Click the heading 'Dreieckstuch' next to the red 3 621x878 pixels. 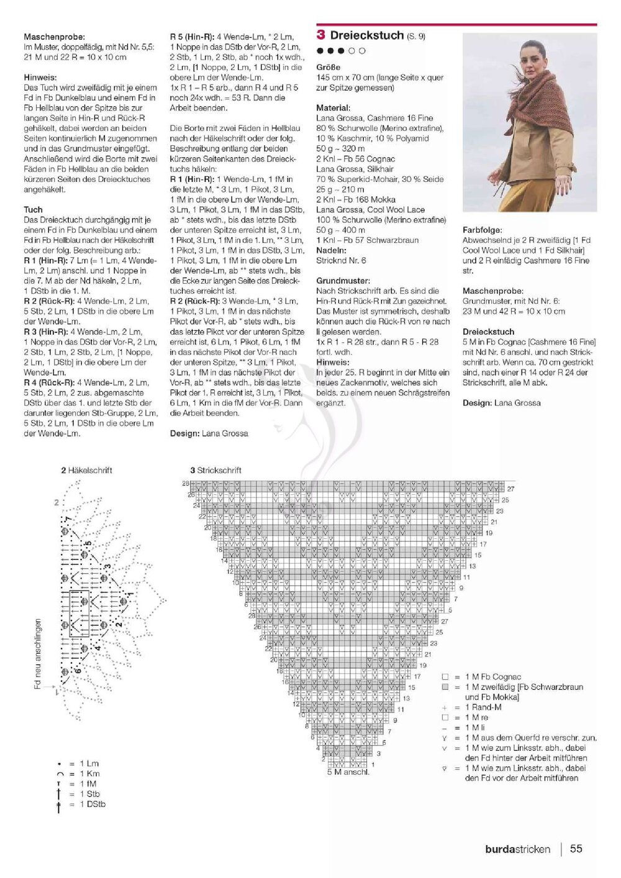click(x=367, y=35)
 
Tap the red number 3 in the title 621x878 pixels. click(x=320, y=35)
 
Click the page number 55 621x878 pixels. click(x=576, y=848)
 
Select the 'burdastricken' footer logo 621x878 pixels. click(x=517, y=849)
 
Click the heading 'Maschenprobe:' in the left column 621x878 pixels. click(x=54, y=37)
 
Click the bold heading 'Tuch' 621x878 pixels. click(x=33, y=210)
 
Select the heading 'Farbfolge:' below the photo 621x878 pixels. click(x=482, y=230)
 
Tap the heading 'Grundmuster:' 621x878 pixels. click(x=343, y=281)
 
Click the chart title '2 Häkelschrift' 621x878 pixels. click(x=86, y=470)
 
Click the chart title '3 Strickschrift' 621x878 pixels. click(x=215, y=470)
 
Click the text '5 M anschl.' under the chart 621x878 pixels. click(x=348, y=772)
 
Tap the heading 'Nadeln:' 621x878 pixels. click(x=331, y=250)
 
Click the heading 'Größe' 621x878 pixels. click(x=328, y=67)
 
